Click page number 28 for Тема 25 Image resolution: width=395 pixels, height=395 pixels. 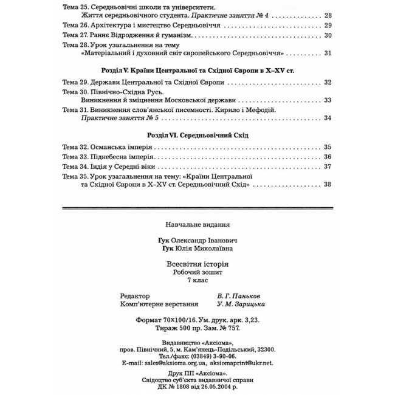click(x=328, y=15)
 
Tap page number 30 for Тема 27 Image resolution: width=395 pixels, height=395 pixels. click(x=328, y=36)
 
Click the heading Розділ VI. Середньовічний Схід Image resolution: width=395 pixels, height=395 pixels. click(x=198, y=134)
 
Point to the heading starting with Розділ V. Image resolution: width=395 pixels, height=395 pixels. click(x=198, y=70)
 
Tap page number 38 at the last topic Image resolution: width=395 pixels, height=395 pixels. click(x=328, y=185)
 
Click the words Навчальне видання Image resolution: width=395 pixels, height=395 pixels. click(x=197, y=224)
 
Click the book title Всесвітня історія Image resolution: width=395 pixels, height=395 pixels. click(x=197, y=264)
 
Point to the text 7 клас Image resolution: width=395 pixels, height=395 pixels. click(x=197, y=280)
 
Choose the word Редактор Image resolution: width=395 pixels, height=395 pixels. click(x=134, y=295)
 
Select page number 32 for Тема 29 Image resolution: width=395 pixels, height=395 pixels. click(x=328, y=82)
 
